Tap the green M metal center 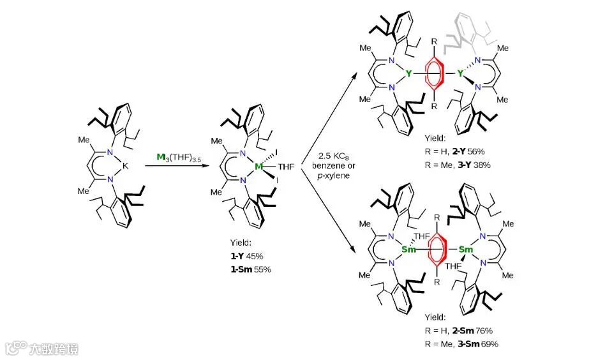pos(258,167)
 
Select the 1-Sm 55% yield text pos(251,269)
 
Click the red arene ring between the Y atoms pos(434,74)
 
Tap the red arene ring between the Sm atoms pos(437,248)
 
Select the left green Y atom pos(408,75)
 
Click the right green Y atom pos(460,75)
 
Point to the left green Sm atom pos(408,248)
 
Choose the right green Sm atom pos(466,248)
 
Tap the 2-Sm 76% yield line pos(459,331)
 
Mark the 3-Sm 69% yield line pos(461,343)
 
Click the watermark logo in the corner pos(42,349)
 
